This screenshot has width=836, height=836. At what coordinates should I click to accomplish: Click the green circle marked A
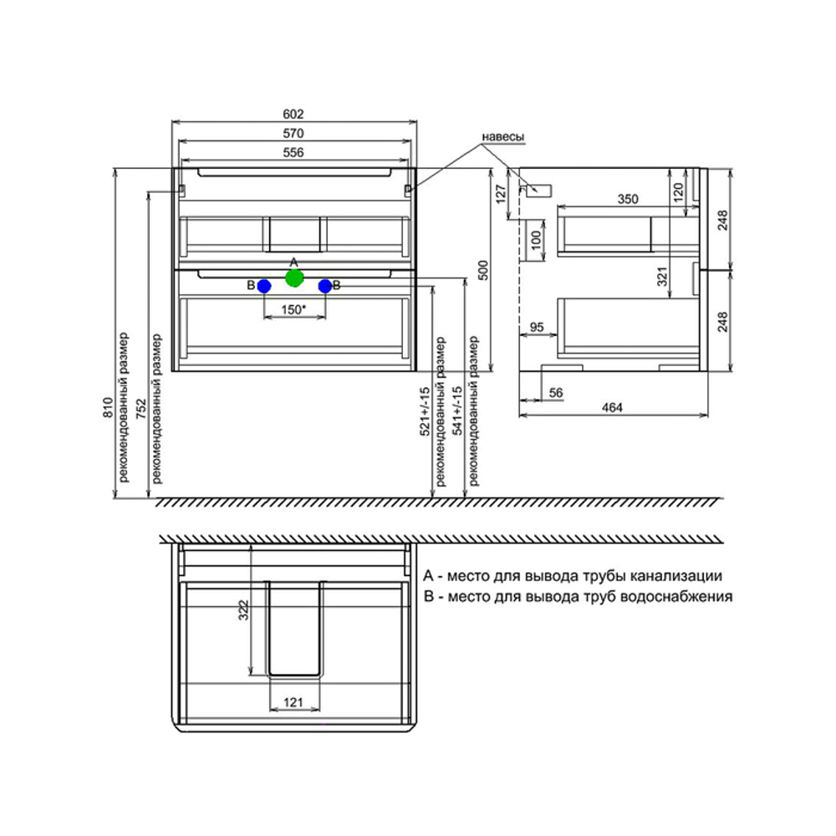coord(293,278)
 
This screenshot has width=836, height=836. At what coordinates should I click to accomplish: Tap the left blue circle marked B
coord(264,286)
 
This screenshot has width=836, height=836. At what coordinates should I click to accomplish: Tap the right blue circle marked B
coord(324,286)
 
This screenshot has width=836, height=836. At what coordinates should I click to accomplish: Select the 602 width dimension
coord(293,115)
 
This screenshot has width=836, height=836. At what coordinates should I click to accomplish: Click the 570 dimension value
coord(293,133)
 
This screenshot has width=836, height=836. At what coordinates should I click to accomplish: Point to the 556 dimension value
coord(293,152)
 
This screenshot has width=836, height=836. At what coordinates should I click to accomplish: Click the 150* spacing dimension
coord(293,309)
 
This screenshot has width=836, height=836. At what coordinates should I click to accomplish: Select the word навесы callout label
coord(503,137)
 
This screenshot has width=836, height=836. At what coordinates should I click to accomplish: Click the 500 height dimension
coord(482,269)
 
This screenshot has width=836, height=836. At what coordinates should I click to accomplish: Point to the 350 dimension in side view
coord(627,199)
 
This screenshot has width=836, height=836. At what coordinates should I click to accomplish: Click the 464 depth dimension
coord(613,407)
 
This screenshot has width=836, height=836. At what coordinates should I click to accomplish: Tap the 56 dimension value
coord(556,392)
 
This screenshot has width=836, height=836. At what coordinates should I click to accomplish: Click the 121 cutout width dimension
coord(293,703)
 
